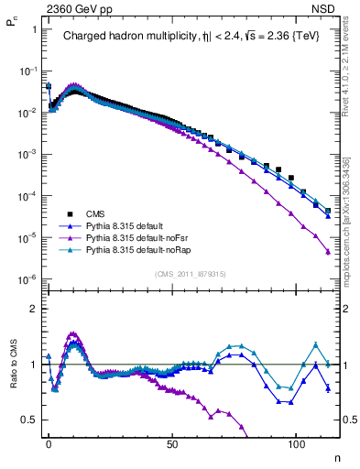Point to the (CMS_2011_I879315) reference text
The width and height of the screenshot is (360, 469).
(x=192, y=273)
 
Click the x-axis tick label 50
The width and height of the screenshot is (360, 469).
(x=172, y=442)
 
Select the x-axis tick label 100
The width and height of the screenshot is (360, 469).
(x=297, y=442)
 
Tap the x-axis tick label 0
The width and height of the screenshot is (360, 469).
(x=49, y=442)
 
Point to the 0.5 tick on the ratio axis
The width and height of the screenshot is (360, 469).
(x=28, y=420)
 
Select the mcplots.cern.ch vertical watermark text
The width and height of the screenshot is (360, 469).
(x=349, y=229)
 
